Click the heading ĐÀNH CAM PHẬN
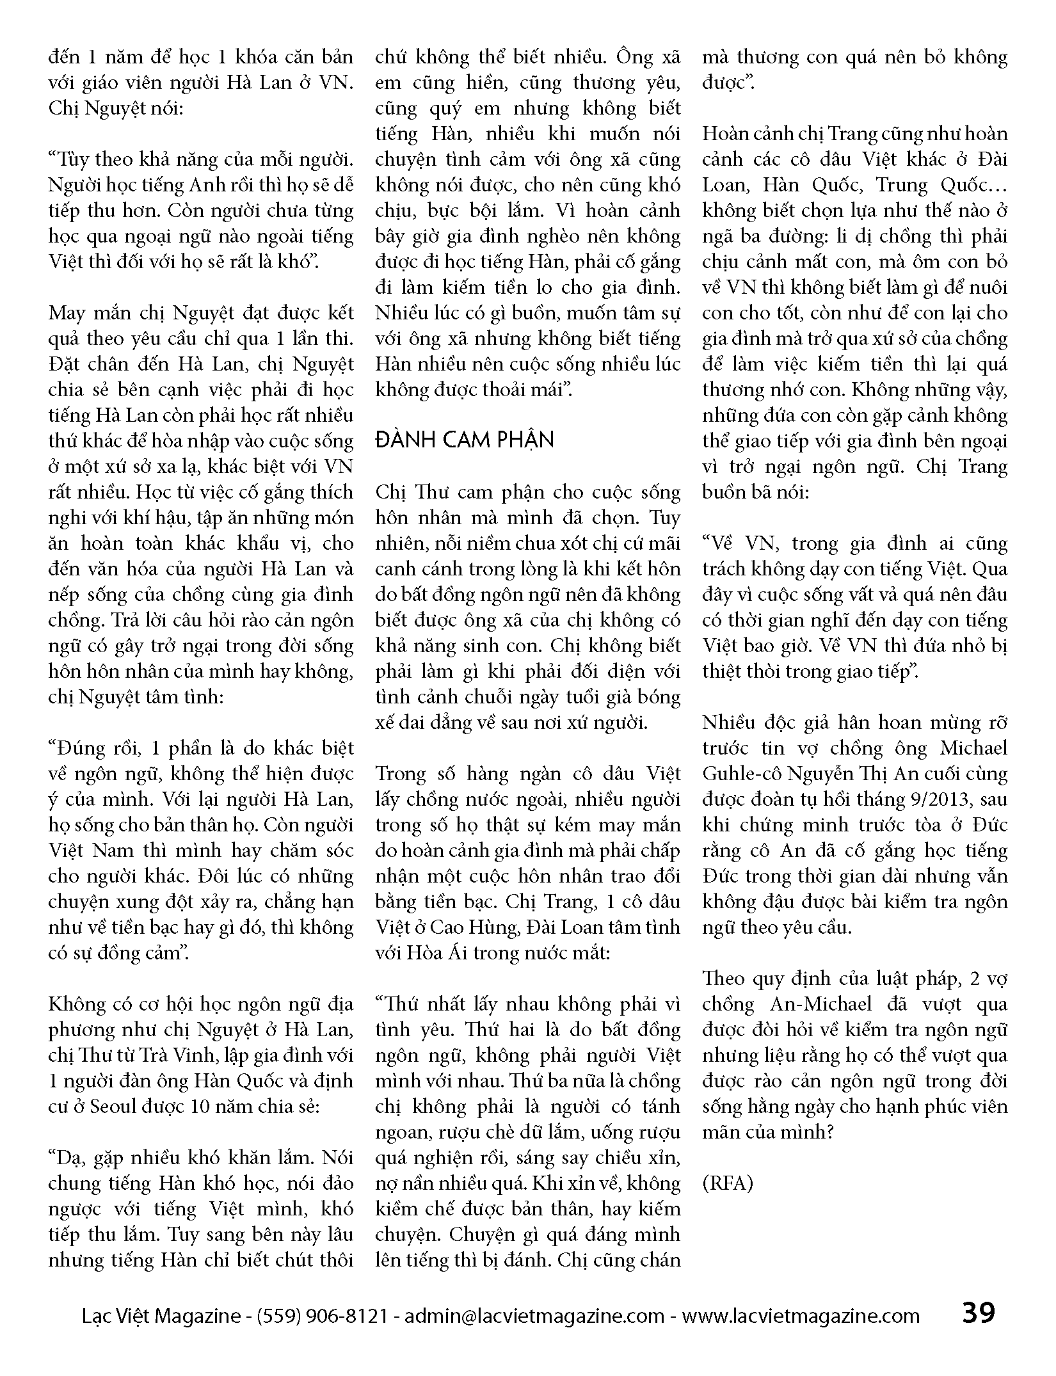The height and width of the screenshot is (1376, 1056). (x=465, y=440)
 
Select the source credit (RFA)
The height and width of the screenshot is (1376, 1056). (x=728, y=1183)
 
